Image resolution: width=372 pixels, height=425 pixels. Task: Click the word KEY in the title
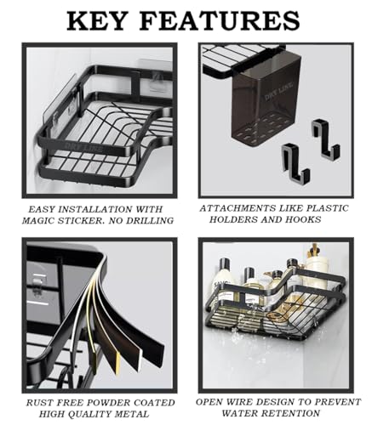point(96,21)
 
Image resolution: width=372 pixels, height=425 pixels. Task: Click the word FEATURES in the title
point(220,21)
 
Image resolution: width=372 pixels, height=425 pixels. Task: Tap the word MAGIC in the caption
point(38,220)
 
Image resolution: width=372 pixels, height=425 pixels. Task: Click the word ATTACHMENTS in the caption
point(237,208)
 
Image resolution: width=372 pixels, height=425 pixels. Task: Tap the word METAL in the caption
point(132,414)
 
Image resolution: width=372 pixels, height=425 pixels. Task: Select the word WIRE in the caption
point(238,402)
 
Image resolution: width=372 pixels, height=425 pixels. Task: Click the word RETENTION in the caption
point(291,413)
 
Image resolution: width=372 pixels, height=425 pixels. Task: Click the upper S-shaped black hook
point(325,139)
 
